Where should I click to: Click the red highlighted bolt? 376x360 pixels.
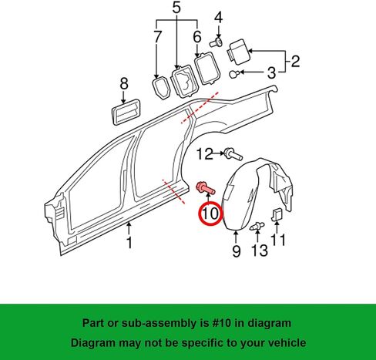point(206,189)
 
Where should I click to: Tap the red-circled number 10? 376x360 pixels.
point(210,214)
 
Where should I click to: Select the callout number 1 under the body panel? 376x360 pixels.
point(129,243)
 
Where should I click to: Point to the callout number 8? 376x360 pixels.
point(124,83)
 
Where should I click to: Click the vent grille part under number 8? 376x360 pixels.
point(126,112)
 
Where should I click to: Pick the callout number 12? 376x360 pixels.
point(205,154)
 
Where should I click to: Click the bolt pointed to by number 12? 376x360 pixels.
point(233,154)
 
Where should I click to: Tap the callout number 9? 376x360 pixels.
point(237,251)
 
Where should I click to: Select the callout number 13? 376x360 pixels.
point(260,251)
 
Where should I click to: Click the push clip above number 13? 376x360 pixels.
point(257,226)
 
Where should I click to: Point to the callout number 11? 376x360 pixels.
point(278,240)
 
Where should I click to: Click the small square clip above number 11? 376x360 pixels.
point(277,214)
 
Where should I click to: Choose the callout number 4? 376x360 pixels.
point(218,18)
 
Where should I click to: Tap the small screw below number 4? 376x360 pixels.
point(216,42)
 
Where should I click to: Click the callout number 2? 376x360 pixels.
point(295,61)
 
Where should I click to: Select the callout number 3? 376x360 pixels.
point(271,72)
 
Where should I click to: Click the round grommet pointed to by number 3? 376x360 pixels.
point(233,74)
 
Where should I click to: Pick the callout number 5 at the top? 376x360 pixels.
point(176,8)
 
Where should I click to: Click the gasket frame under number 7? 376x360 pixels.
point(161,88)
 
